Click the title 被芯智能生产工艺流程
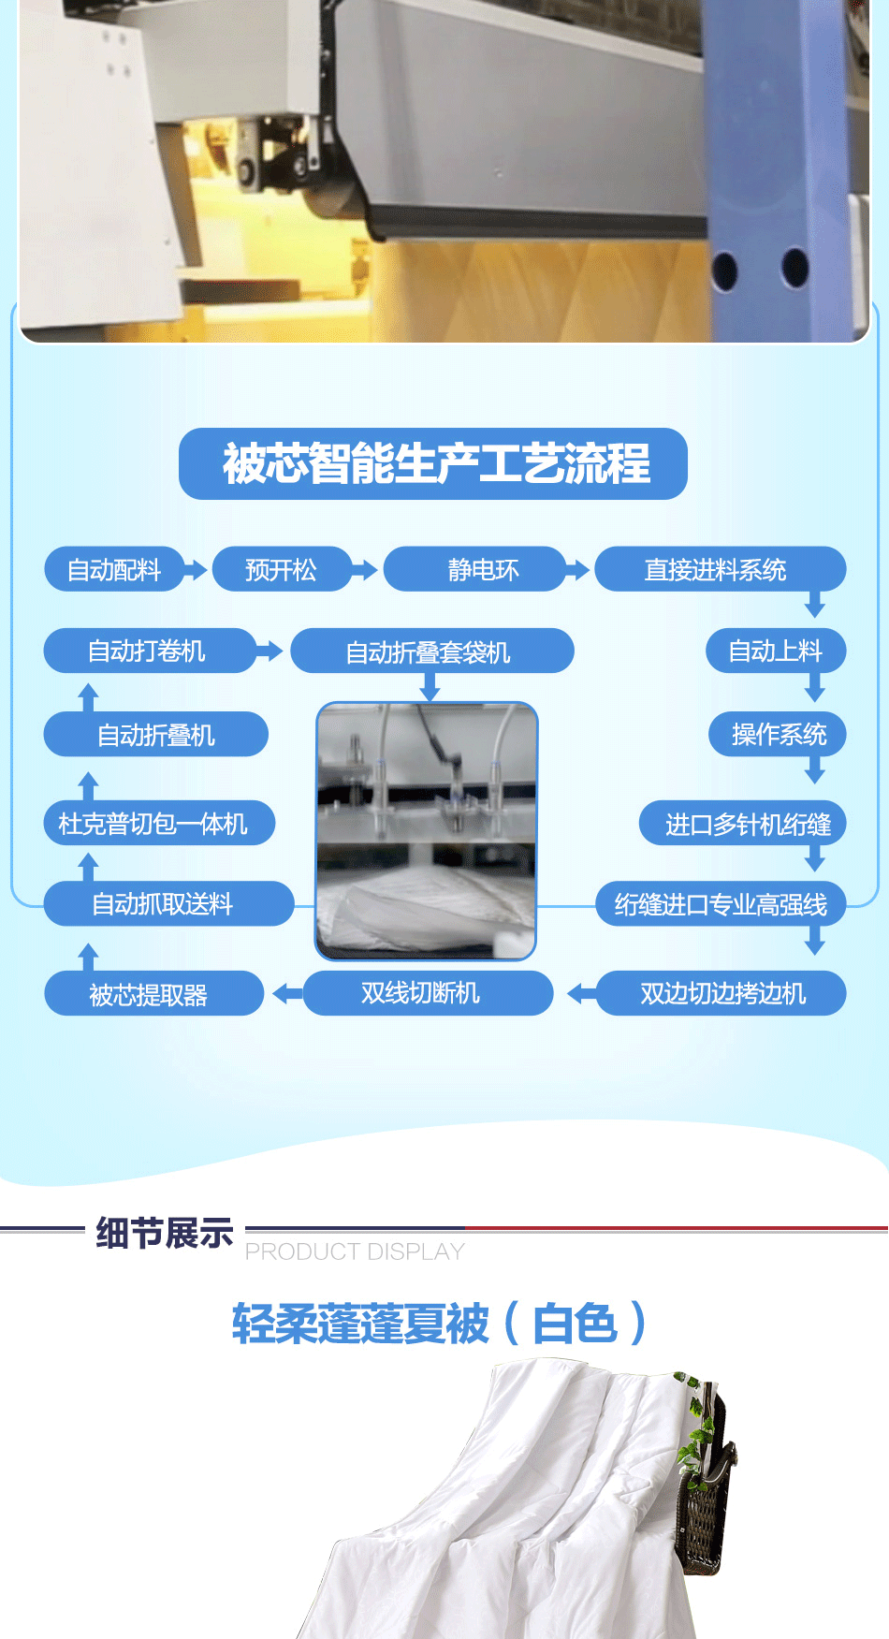click(435, 463)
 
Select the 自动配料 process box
click(113, 569)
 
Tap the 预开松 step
click(281, 569)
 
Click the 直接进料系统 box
click(720, 569)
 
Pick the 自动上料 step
click(776, 651)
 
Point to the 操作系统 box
click(779, 734)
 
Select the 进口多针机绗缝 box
click(743, 824)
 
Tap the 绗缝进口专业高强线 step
click(721, 904)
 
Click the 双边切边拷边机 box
click(721, 993)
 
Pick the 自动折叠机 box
click(156, 734)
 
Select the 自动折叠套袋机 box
click(432, 651)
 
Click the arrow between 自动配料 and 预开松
click(195, 569)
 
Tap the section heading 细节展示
click(165, 1234)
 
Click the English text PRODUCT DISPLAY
click(355, 1251)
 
